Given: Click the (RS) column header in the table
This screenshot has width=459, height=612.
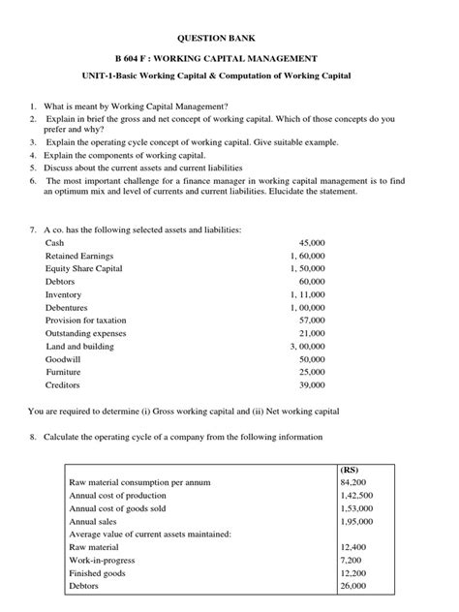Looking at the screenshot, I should [351, 468].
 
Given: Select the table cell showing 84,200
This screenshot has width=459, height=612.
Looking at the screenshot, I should [352, 481].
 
